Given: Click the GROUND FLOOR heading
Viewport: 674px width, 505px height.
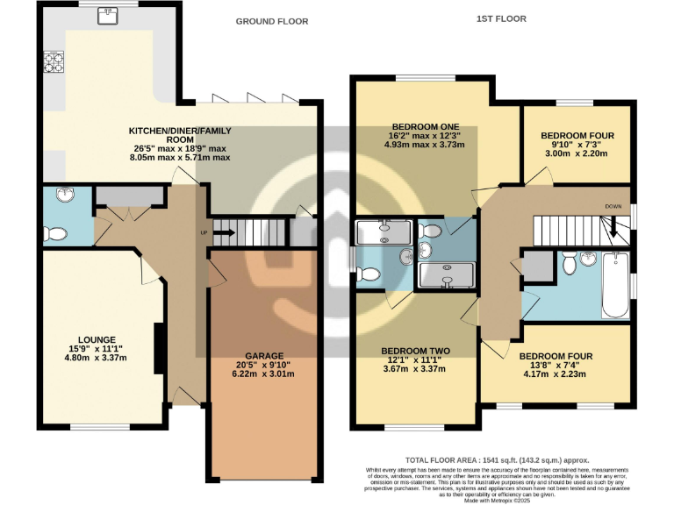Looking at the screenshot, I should click(x=272, y=21).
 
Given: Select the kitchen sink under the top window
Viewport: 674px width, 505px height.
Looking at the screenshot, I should click(x=108, y=14).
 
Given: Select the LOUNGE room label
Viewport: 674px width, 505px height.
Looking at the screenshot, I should click(x=97, y=339).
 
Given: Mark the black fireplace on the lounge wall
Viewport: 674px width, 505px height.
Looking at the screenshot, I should click(x=159, y=348).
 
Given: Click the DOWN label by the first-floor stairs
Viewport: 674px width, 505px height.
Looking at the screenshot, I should click(x=613, y=207).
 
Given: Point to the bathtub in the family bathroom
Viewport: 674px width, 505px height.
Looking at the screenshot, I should click(x=615, y=285).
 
